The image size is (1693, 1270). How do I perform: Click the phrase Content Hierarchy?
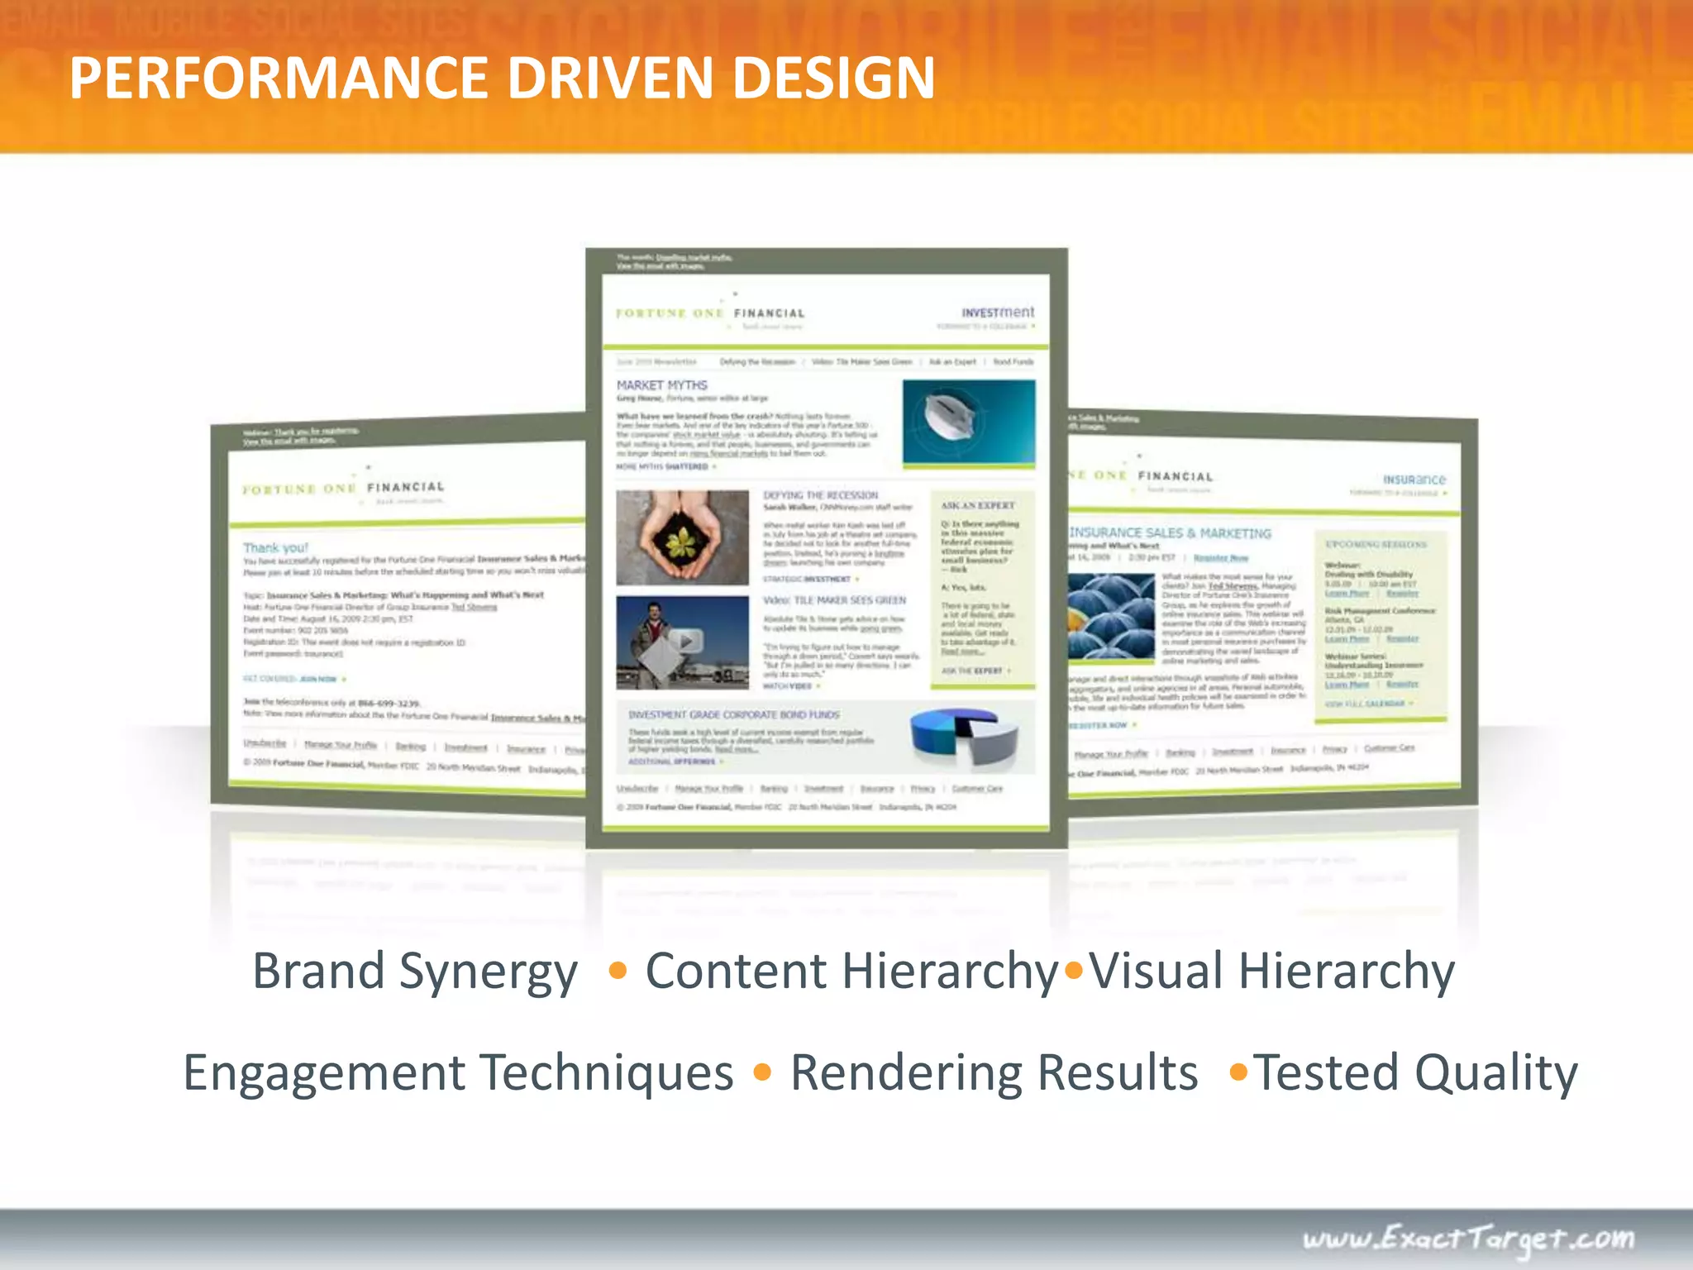pos(851,971)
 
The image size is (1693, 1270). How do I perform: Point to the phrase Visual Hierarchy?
pos(1271,971)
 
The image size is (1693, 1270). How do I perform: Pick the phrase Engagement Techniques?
pos(458,1073)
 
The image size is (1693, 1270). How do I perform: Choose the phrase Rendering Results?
pos(994,1073)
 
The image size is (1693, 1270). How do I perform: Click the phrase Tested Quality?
pos(1415,1073)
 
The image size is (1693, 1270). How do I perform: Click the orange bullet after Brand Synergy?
pos(617,971)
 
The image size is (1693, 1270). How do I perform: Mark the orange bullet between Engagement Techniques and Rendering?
pos(762,1073)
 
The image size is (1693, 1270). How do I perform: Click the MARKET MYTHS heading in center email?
pos(661,385)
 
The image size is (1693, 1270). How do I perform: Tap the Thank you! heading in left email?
pos(275,547)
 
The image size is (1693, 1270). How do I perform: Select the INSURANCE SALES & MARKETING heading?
pos(1170,533)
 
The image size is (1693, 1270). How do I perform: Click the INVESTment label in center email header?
pos(997,313)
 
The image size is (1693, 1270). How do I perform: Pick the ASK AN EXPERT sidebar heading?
pos(977,505)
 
